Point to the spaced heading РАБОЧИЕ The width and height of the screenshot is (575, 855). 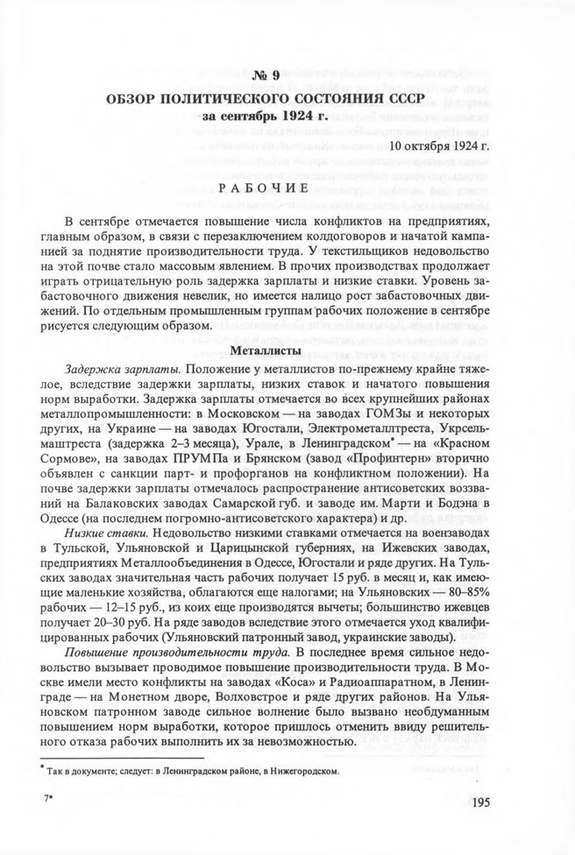[287, 188]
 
